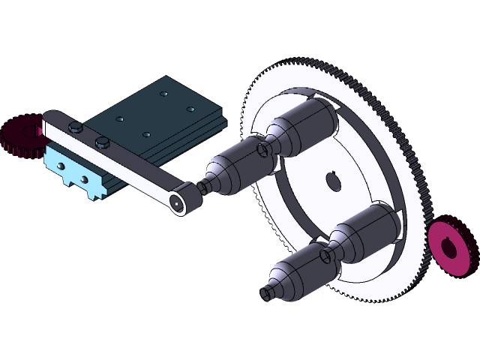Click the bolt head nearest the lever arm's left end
74,127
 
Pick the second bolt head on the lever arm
101,142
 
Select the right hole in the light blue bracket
85,180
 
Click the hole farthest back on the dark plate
163,94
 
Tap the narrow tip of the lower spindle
266,291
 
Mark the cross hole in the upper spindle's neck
262,151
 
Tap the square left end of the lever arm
52,124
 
